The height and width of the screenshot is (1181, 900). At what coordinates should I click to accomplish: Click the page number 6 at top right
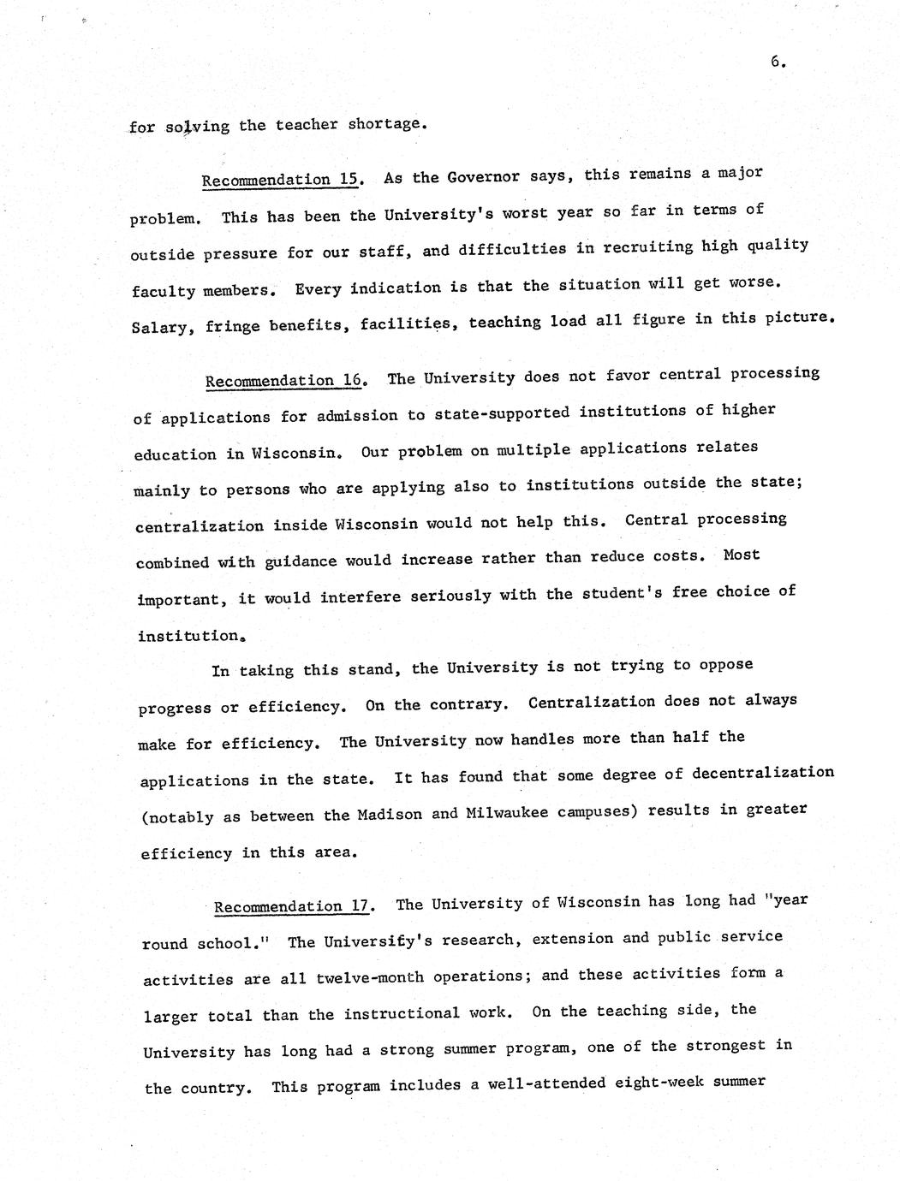(x=776, y=62)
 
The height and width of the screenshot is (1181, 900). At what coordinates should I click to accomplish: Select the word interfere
(x=361, y=597)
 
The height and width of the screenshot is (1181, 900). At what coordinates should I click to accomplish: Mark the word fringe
(x=233, y=327)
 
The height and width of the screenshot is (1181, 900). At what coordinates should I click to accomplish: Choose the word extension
(x=570, y=939)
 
